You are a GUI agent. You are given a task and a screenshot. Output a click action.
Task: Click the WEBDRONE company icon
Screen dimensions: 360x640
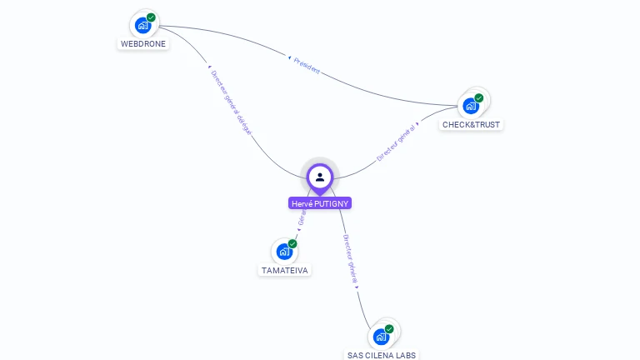click(x=142, y=25)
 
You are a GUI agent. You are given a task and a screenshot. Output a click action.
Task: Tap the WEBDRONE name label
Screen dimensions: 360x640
click(x=143, y=43)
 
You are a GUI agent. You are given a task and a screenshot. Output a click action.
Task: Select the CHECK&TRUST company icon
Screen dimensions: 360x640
click(x=471, y=106)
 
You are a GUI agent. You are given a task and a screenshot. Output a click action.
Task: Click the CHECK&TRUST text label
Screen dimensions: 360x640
click(x=472, y=124)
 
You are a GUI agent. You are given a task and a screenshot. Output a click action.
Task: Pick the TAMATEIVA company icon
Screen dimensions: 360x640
click(x=284, y=252)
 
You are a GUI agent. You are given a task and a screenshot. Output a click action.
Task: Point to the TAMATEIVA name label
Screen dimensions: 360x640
click(x=285, y=270)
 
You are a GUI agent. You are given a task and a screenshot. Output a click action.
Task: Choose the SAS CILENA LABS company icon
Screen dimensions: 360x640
click(x=381, y=337)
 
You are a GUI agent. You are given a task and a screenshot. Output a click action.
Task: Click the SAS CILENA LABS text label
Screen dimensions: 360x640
click(x=382, y=355)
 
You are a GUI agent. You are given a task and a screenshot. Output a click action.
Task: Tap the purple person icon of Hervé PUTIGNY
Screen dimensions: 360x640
click(x=320, y=177)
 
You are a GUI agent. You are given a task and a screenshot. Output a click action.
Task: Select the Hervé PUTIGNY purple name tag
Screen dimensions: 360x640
click(x=320, y=203)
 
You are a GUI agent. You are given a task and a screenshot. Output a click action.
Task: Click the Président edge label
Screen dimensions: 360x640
click(x=306, y=65)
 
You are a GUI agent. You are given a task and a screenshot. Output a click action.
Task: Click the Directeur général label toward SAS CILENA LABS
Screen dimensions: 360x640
click(x=350, y=260)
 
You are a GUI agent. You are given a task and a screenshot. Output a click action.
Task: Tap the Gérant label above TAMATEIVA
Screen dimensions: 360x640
click(x=302, y=218)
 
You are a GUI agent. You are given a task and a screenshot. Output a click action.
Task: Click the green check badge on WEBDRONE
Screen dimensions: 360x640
click(x=151, y=17)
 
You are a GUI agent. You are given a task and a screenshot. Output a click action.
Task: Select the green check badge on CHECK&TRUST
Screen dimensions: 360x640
click(x=479, y=97)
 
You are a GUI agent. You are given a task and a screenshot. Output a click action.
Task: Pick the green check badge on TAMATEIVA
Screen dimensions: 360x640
click(x=292, y=243)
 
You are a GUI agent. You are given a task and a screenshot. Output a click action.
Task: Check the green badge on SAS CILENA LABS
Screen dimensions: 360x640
click(x=389, y=328)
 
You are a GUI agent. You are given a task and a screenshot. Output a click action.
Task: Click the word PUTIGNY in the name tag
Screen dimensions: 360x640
click(x=330, y=203)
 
